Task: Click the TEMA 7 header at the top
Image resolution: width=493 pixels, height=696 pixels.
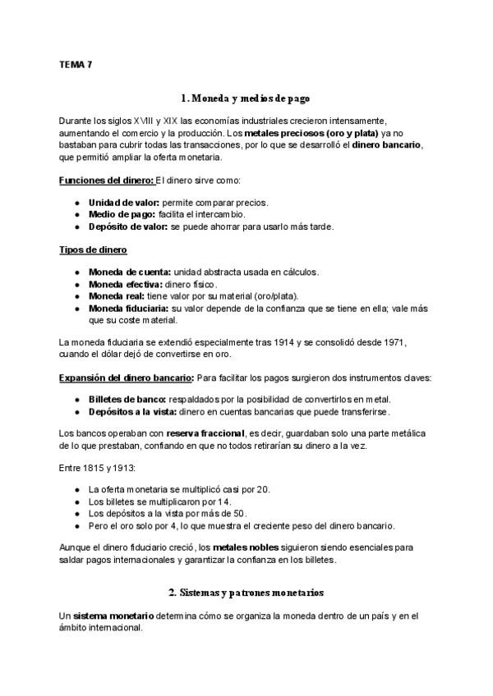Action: [76, 63]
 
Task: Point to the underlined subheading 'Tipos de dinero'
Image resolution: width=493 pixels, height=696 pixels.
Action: [93, 250]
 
